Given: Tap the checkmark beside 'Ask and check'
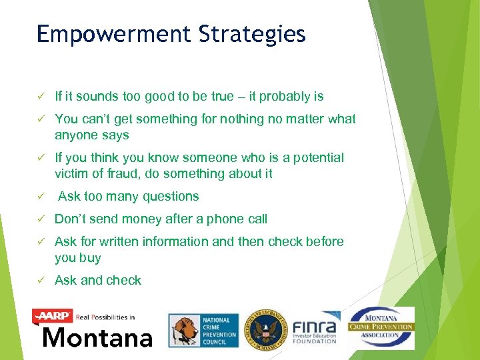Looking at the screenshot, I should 41,281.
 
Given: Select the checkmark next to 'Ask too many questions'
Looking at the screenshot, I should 41,197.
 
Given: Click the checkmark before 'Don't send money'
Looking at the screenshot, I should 41,219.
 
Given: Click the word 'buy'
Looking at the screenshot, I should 90,258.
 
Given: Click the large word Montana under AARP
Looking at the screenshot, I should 97,337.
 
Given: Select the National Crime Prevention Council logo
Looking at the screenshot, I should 203,331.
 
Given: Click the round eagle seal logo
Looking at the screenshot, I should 265,330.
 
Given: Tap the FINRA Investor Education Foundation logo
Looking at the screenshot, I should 315,328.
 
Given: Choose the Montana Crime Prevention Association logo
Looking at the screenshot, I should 381,327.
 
